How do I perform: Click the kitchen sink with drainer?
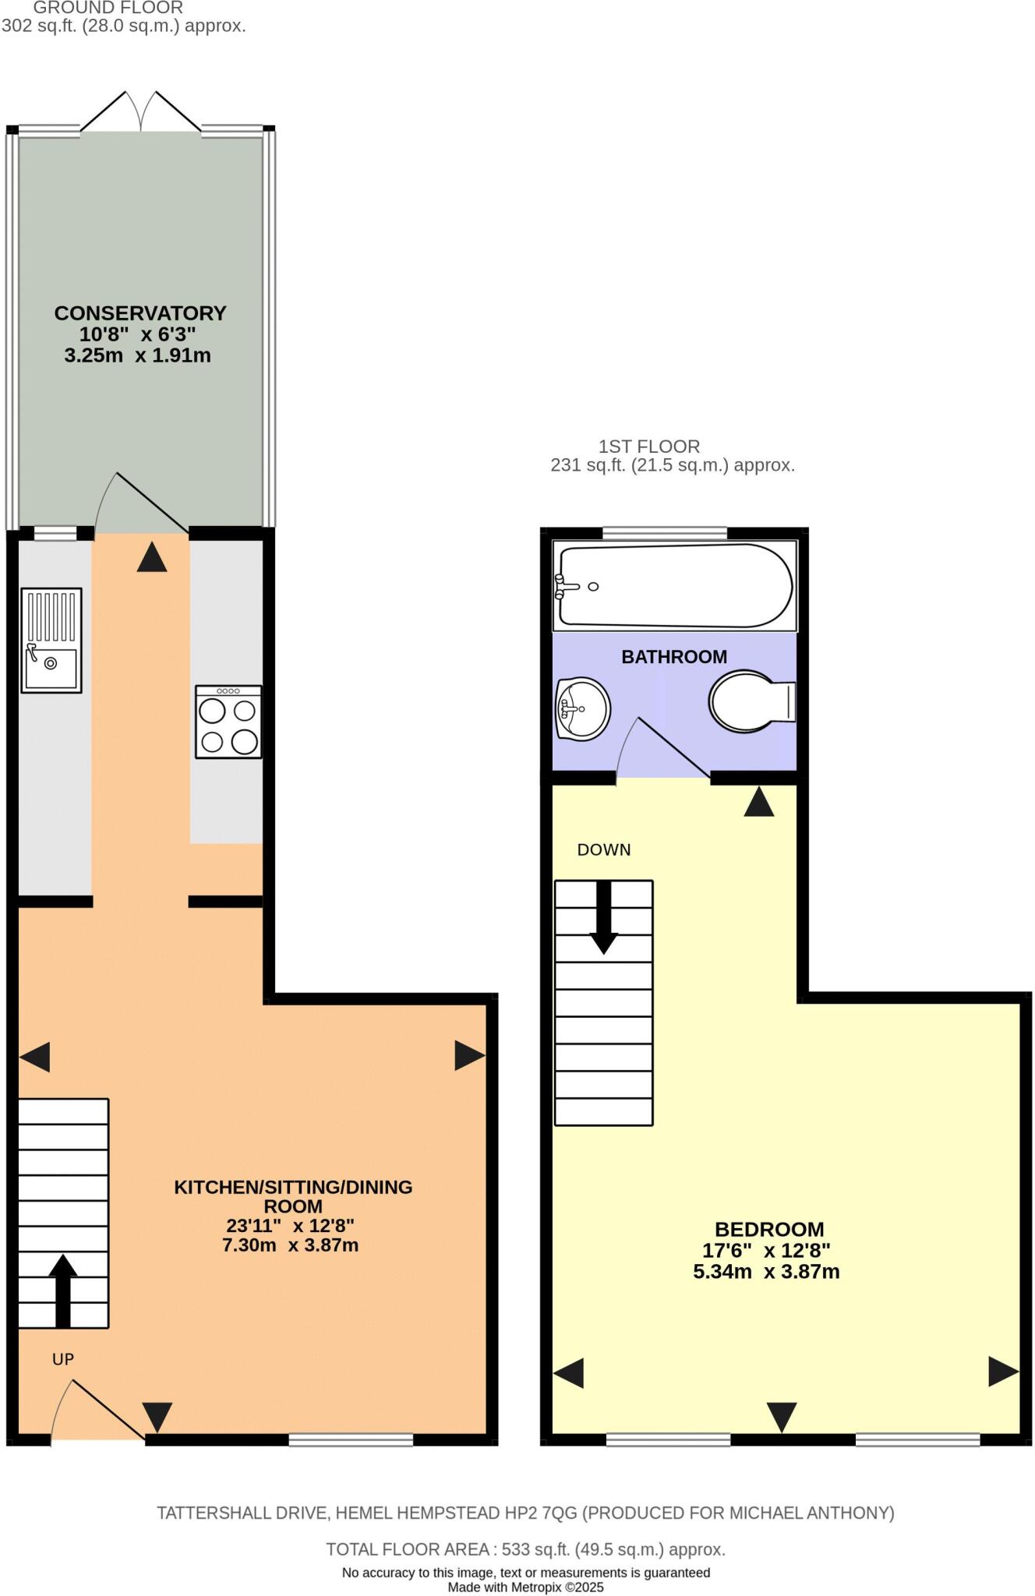51,640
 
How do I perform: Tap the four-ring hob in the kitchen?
228,722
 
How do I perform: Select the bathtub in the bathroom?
675,585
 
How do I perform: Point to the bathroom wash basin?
582,708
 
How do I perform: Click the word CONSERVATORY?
140,313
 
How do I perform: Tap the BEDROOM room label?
769,1229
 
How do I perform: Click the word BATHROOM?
674,657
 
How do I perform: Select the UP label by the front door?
63,1359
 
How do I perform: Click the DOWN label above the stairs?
604,850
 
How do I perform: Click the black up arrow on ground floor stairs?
63,1290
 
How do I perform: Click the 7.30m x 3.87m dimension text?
290,1245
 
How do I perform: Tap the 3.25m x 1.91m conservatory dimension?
137,355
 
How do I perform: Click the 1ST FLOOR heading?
648,447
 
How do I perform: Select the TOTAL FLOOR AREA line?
525,1549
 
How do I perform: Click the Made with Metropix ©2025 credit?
525,1587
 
